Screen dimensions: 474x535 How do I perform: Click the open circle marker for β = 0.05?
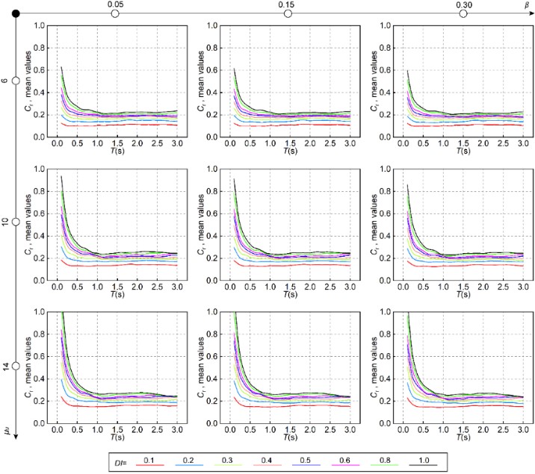tap(115, 14)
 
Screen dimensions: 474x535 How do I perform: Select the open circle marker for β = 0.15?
tap(289, 14)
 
